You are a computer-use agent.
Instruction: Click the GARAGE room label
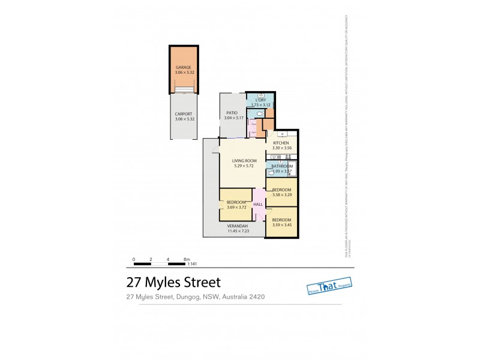183,67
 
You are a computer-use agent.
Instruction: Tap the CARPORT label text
183,114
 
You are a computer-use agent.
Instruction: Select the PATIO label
232,113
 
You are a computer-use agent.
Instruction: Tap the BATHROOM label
282,166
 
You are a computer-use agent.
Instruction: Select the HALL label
258,205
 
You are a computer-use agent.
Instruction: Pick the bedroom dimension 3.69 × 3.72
236,208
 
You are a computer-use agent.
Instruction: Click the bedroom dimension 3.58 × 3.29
282,194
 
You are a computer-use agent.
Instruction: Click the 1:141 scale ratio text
193,263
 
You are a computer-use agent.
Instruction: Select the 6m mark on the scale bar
186,259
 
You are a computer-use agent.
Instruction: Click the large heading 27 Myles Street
173,282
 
